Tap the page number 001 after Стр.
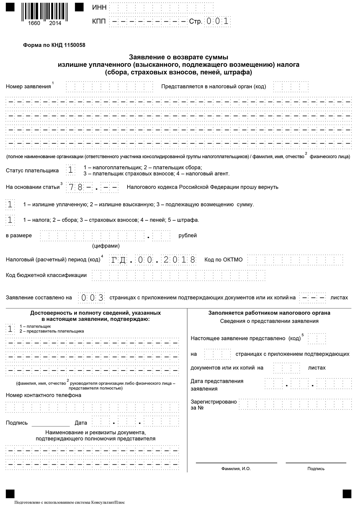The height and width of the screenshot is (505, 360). coord(217,21)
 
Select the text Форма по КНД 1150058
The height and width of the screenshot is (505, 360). coord(54,45)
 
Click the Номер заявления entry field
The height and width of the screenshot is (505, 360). coord(109,87)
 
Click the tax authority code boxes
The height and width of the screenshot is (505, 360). coord(291,87)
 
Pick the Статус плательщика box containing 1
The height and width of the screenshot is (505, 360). coord(70,170)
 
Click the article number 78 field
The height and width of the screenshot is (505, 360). coord(75,187)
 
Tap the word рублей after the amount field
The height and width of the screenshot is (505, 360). coord(187,235)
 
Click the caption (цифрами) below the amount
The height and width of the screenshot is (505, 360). coord(106,246)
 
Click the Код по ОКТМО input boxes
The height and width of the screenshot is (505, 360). coord(295,260)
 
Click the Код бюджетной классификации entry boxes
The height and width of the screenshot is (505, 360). coord(178,275)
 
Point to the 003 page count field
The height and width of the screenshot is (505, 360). coord(92,298)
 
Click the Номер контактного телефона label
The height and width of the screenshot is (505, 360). coord(44,395)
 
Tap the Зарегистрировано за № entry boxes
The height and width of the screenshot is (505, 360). coord(295,404)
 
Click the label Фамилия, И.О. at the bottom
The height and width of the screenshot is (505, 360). coord(236,468)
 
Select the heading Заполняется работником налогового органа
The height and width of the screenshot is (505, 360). coord(269,313)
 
